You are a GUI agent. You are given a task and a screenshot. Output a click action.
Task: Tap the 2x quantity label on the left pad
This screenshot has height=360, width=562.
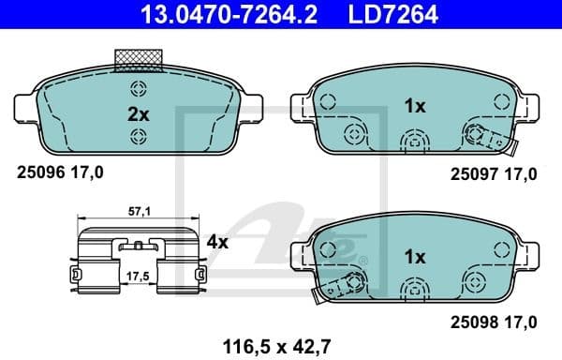coord(139,114)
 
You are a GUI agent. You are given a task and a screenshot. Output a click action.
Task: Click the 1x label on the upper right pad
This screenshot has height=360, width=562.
coord(414,106)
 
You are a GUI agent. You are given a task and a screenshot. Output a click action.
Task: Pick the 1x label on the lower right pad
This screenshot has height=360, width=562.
coord(414,256)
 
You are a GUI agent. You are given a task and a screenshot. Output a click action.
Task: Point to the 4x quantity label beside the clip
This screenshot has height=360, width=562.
coord(217,242)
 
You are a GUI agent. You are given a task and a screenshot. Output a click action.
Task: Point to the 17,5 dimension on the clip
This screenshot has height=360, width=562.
coord(140,277)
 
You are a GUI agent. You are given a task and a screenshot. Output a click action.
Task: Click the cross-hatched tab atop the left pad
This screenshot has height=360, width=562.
coord(140,60)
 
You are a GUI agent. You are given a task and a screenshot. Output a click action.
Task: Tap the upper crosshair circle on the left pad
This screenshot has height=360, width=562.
coord(139,90)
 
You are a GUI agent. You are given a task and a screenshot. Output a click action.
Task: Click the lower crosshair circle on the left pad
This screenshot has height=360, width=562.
coord(139,137)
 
